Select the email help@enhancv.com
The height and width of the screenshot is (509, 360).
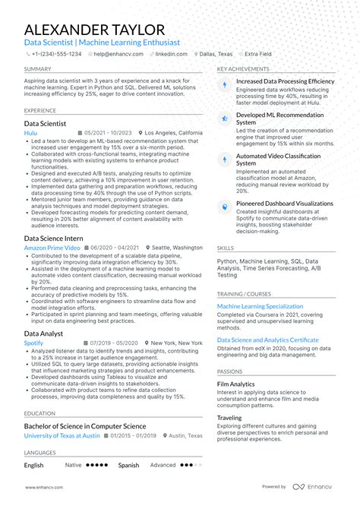[115, 55]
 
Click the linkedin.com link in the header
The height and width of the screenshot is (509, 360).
[174, 55]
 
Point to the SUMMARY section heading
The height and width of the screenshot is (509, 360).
[37, 68]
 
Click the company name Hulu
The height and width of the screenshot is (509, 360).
[30, 132]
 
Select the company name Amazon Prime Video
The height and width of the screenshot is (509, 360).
[52, 248]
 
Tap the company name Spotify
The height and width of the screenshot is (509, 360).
[33, 343]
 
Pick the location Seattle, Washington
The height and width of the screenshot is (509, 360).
[176, 248]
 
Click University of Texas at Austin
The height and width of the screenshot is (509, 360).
[62, 435]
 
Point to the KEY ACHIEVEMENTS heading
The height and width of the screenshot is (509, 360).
[242, 68]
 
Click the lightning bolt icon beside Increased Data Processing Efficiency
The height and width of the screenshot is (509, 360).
[224, 84]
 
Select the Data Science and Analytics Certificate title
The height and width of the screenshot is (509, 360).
[267, 340]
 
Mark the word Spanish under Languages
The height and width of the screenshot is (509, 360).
[128, 465]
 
